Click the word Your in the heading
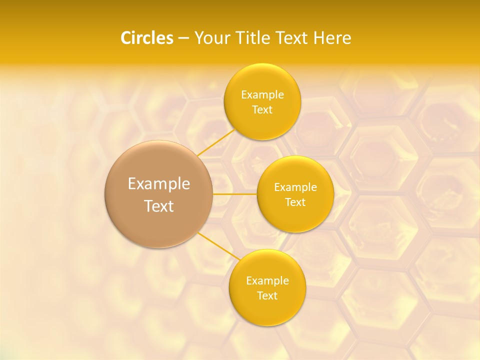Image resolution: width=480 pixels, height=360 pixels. pos(210,38)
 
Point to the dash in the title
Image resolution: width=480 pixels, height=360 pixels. pos(183,38)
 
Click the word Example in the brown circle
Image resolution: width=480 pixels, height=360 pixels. pos(159,184)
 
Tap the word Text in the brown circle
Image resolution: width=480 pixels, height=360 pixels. pos(159,206)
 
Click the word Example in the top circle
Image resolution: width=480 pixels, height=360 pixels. pos(262,95)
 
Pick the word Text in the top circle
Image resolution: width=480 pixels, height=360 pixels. pos(262,110)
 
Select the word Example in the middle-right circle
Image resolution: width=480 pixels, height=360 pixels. pos(295,187)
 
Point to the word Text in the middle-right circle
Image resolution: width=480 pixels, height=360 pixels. pos(295,202)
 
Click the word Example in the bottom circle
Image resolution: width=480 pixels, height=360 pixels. pos(267,281)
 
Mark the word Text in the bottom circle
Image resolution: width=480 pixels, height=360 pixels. pos(267,296)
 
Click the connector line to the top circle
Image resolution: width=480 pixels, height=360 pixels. pos(216,142)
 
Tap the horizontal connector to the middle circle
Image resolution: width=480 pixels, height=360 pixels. pos(235,193)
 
